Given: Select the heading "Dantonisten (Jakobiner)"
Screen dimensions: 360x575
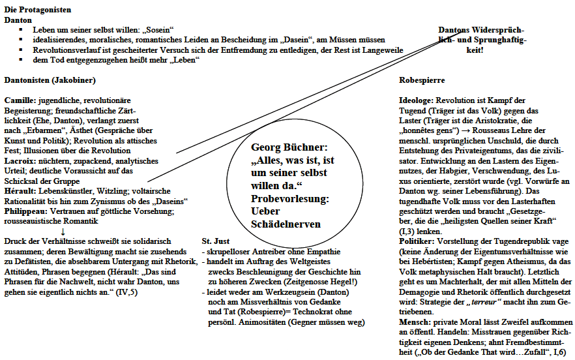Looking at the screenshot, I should pos(50,80).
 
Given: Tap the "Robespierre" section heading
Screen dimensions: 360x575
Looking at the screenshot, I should pos(422,80).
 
